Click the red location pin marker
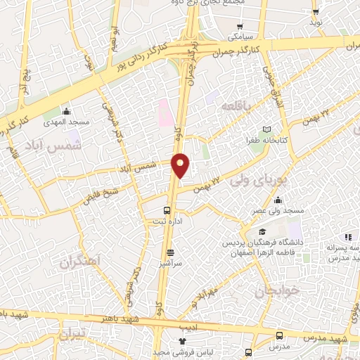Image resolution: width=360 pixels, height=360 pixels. click(181, 165)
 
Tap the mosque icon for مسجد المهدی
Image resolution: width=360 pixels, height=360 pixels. click(67, 111)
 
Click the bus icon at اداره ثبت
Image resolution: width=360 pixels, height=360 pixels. click(167, 210)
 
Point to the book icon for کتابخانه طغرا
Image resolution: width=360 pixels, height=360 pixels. click(266, 130)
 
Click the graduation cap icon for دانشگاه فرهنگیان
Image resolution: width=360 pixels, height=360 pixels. click(262, 232)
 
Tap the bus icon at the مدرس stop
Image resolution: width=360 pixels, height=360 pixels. click(280, 335)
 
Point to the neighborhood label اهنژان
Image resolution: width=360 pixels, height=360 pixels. click(81, 262)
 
